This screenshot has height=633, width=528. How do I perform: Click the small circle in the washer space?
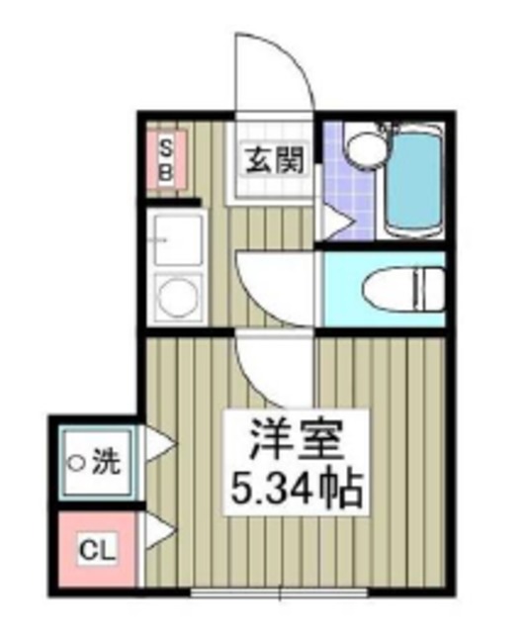(x=74, y=461)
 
